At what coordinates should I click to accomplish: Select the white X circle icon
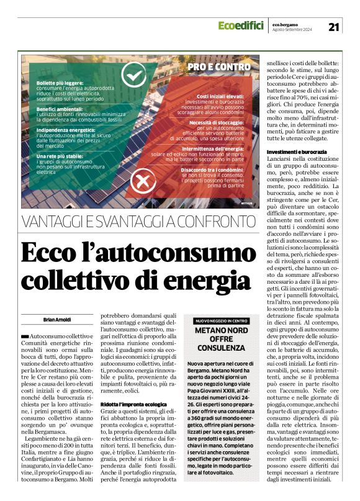point(142,181)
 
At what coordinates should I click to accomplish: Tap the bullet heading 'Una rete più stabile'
point(59,156)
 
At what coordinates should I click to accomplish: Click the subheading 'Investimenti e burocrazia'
point(296,151)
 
